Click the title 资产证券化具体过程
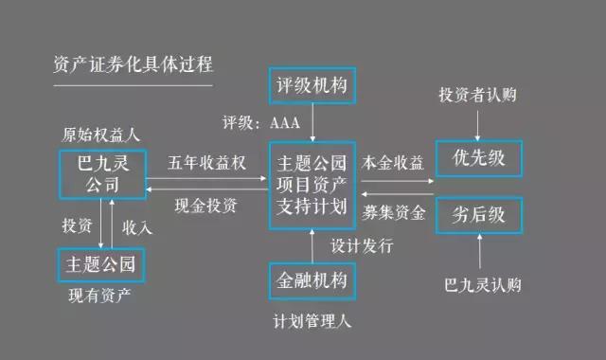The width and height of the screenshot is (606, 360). pos(134,65)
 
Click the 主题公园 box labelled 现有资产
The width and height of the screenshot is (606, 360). pos(99,261)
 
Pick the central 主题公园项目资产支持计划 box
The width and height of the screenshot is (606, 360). pos(311,181)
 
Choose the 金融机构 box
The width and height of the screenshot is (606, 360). pos(312,281)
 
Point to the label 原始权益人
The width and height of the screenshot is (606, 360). pos(99,134)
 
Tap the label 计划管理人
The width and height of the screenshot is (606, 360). pos(312,321)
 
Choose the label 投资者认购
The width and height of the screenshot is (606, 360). pos(479,96)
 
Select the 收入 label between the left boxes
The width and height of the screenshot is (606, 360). pos(138,228)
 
